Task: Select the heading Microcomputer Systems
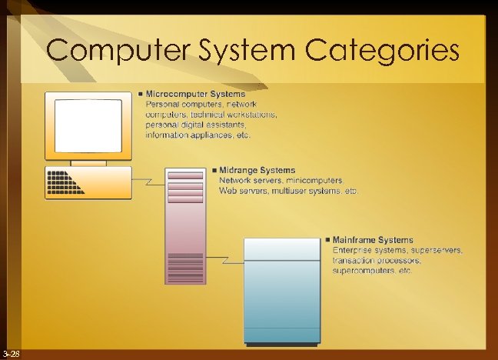coord(196,94)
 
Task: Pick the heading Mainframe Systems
coord(373,240)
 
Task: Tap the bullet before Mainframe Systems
coord(327,240)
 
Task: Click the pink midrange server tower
coord(185,231)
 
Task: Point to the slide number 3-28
coord(11,353)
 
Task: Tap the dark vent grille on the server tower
coord(185,268)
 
